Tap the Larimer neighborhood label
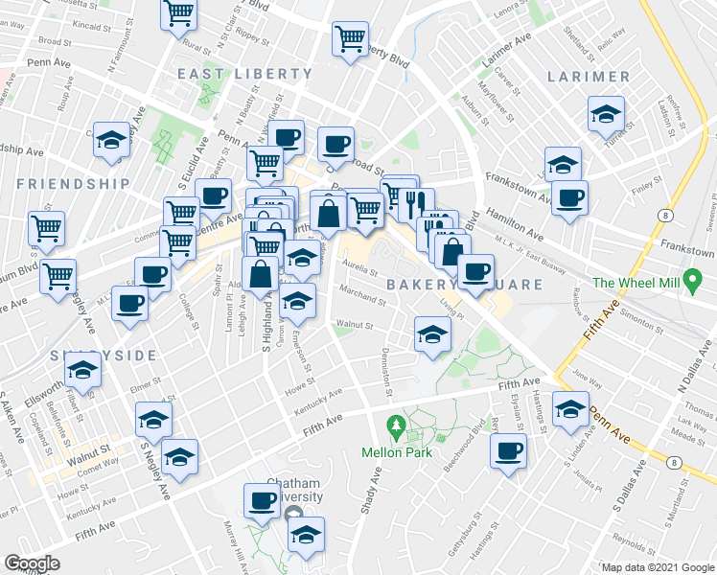click(589, 76)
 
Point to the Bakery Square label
click(464, 285)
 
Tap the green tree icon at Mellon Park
click(393, 424)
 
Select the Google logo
click(33, 563)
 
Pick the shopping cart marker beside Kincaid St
click(180, 14)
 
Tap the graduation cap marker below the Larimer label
click(606, 113)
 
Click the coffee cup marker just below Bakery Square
click(475, 270)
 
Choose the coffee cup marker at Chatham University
click(263, 499)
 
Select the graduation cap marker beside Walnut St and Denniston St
click(432, 333)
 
